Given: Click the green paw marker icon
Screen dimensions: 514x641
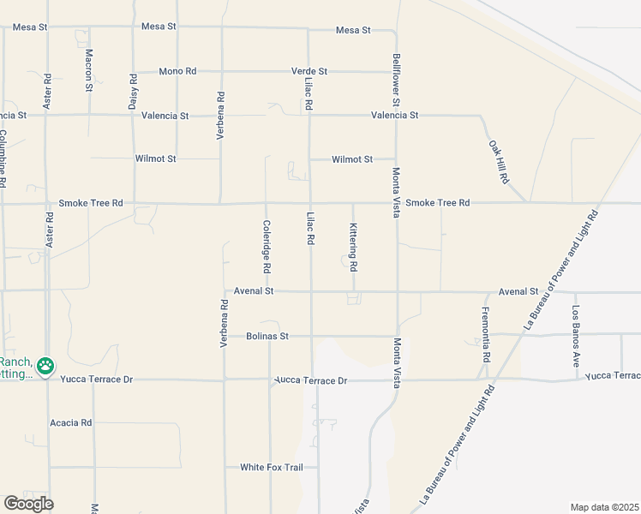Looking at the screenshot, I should (x=45, y=367).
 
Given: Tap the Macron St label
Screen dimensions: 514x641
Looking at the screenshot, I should (x=89, y=69).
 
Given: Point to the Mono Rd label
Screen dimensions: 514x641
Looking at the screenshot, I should (x=177, y=71).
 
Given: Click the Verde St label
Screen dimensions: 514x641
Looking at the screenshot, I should (x=309, y=71).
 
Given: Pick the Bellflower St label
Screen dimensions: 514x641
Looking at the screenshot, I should (x=397, y=75).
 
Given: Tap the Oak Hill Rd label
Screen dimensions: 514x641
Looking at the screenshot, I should (x=499, y=163).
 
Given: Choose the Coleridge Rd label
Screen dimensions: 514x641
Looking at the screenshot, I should (x=267, y=247).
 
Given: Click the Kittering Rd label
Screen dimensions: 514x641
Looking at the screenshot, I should (x=353, y=247).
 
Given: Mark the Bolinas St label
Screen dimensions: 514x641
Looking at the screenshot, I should (x=267, y=337).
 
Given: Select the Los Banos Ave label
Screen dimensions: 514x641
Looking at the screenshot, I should (x=576, y=331).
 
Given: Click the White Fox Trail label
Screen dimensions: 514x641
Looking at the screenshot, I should (x=266, y=467).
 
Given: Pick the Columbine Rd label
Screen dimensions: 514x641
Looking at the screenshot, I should (x=3, y=158).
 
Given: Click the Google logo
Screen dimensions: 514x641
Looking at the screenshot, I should (x=28, y=504).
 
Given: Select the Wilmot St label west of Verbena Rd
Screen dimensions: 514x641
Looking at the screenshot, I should (x=155, y=158).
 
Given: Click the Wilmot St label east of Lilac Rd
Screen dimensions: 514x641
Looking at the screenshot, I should (x=352, y=159).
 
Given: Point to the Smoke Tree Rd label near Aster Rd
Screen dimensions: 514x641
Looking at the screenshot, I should (x=91, y=204).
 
